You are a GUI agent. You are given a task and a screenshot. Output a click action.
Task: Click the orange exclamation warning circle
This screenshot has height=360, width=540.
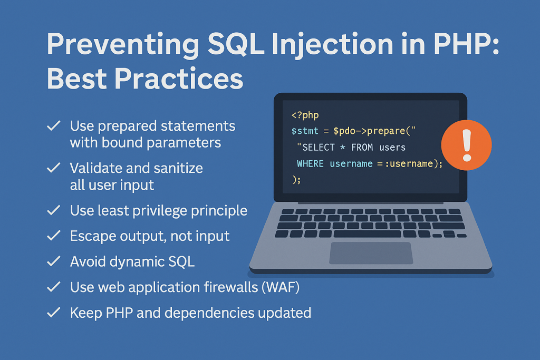[466, 142]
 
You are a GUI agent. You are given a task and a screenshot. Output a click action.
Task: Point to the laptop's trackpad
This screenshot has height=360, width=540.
[371, 253]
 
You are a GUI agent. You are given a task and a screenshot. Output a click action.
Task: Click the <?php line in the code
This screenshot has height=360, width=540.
[305, 114]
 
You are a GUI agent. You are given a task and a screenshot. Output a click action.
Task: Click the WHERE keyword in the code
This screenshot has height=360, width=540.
[311, 163]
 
